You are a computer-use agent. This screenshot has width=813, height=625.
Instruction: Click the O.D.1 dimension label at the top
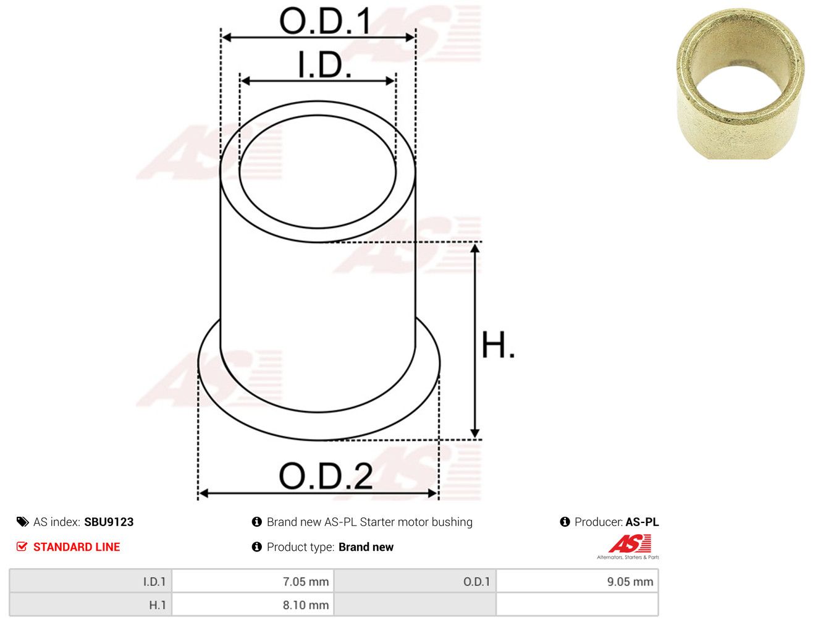325,21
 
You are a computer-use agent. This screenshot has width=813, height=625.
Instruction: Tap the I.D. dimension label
324,65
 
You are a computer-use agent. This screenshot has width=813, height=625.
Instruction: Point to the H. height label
497,345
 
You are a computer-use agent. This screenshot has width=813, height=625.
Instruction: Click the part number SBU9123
109,522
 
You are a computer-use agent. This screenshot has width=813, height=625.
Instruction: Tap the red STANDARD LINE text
77,547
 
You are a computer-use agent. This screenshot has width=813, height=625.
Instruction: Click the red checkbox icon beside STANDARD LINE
22,546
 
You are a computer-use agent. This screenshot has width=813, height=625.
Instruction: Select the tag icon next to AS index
22,522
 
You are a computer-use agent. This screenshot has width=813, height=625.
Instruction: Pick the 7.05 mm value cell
253,582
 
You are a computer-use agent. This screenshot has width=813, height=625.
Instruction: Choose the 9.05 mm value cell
577,582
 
